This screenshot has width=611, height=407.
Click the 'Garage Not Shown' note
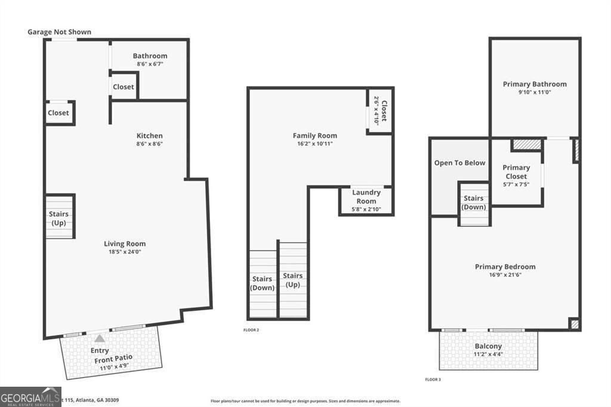(x=59, y=32)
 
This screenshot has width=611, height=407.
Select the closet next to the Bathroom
(x=124, y=87)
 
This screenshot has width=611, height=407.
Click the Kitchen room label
(x=149, y=135)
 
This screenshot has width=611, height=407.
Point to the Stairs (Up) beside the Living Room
(x=58, y=218)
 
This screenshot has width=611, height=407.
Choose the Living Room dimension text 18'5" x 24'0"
(x=125, y=252)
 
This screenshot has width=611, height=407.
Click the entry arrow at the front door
(x=100, y=338)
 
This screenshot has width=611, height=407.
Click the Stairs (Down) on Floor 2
(x=263, y=283)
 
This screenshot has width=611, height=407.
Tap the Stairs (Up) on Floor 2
(x=292, y=280)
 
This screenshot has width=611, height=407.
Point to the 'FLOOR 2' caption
(x=251, y=330)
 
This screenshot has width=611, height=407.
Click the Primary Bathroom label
(x=535, y=84)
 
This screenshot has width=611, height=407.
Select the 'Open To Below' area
(x=459, y=163)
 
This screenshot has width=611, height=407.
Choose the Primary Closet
(x=516, y=172)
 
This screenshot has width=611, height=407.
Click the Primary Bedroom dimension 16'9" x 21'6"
(x=505, y=275)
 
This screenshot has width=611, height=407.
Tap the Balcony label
(x=488, y=346)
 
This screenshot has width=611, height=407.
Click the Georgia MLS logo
(x=30, y=396)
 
